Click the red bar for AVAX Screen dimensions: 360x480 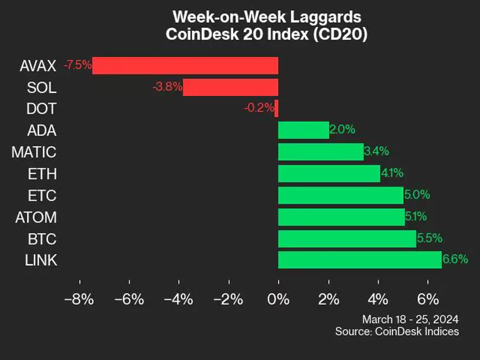point(185,65)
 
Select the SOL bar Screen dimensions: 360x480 point(231,87)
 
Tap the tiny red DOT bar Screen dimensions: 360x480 point(276,108)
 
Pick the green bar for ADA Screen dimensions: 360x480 point(304,130)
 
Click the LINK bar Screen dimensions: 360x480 point(360,259)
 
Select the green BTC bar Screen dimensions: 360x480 point(347,239)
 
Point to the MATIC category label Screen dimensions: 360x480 point(34,152)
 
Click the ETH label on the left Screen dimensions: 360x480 point(42,174)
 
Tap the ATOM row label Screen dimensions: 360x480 point(36,217)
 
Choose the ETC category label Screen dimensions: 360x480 point(42,195)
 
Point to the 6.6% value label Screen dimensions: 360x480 point(455,259)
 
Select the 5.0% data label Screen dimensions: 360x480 point(417,195)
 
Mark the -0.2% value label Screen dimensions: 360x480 point(259,108)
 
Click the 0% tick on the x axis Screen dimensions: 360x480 point(278,299)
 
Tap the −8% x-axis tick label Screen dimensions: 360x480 point(79,299)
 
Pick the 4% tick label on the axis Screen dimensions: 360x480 point(378,299)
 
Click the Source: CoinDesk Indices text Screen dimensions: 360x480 point(397,332)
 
